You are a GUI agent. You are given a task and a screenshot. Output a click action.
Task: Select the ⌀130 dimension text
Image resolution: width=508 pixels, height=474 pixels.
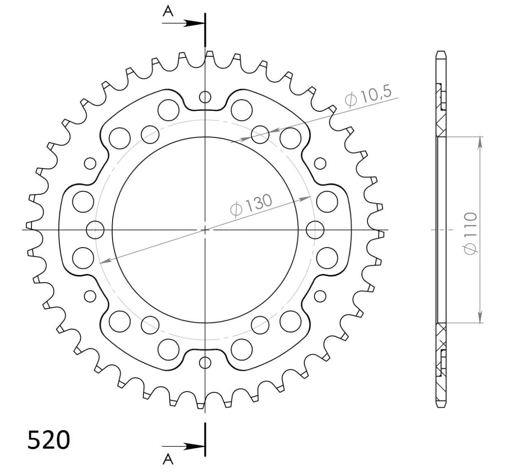tap(251, 205)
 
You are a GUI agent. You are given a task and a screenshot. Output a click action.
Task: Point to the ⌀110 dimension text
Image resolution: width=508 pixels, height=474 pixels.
tap(470, 233)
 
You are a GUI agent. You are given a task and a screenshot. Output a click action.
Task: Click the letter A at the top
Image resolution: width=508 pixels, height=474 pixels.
tap(168, 12)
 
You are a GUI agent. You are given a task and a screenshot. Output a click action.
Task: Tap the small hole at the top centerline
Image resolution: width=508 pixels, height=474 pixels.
tap(205, 97)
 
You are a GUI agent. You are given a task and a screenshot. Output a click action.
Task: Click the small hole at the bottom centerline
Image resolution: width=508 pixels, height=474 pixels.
tap(205, 362)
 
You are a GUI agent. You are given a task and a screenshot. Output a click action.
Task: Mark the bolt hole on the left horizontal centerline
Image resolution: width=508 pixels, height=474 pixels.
tap(95, 230)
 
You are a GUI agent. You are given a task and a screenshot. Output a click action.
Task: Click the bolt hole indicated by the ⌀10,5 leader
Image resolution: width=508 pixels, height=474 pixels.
tap(260, 135)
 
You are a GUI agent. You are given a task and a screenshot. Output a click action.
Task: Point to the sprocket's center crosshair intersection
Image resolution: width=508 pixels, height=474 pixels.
tap(205, 230)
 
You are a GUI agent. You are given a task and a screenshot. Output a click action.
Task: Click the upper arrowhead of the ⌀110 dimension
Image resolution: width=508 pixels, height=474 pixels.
tap(480, 141)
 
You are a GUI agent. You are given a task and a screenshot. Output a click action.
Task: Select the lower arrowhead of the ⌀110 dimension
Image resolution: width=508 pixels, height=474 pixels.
tap(480, 319)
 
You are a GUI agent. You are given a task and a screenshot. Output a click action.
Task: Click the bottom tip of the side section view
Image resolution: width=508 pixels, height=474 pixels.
tap(441, 408)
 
